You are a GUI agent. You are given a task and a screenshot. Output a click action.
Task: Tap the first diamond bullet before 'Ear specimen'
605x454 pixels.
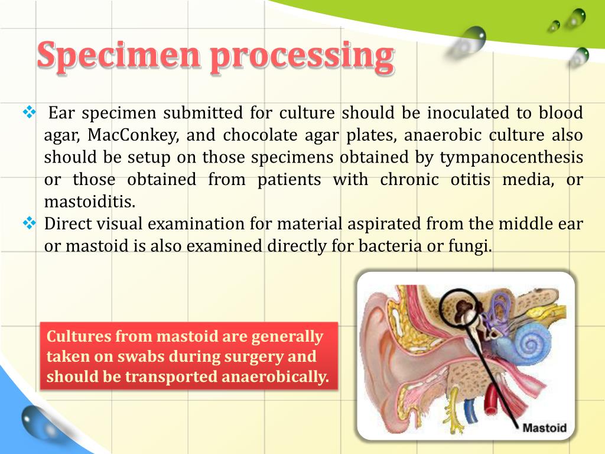point(29,111)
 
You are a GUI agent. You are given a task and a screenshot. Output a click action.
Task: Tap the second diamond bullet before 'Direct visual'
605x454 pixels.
point(29,223)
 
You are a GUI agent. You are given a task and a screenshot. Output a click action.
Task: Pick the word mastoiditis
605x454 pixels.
point(90,202)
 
